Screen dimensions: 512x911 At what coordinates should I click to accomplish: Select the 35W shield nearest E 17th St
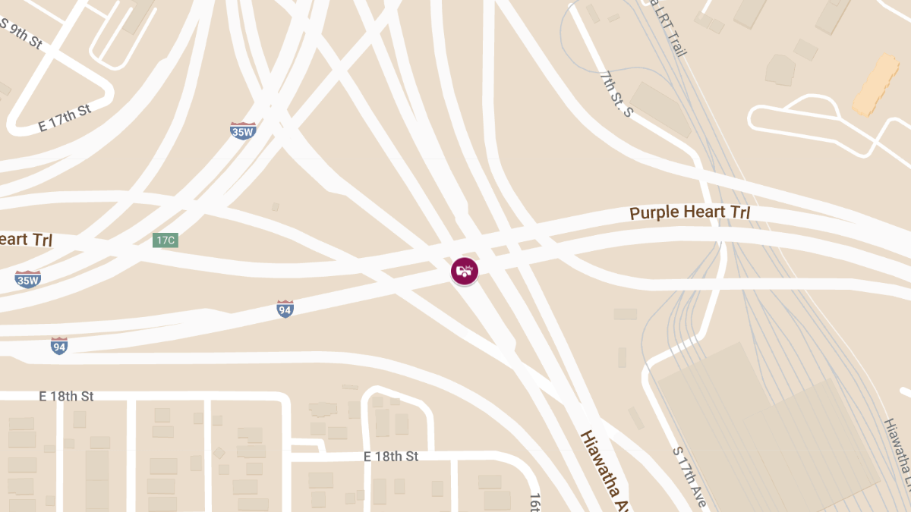tap(243, 130)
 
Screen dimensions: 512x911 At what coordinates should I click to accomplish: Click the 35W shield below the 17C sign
tap(28, 279)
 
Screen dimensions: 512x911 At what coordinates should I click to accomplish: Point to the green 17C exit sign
tap(165, 240)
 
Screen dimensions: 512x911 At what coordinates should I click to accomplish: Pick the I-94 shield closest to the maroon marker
tap(285, 309)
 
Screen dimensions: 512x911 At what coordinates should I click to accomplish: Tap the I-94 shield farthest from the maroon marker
tap(59, 346)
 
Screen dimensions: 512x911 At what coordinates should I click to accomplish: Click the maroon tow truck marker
tap(465, 271)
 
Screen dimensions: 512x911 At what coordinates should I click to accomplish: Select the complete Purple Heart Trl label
tap(689, 212)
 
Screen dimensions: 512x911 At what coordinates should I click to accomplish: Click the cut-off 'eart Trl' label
tap(25, 240)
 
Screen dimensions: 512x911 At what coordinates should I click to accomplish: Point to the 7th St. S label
tap(616, 95)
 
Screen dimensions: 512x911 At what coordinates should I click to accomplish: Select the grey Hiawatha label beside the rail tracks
tap(897, 455)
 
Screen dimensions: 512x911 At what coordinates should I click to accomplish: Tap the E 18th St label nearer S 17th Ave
tap(391, 457)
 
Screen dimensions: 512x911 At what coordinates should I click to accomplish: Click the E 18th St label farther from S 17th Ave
tap(67, 397)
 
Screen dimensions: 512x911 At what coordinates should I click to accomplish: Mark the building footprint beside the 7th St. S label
tap(660, 109)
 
